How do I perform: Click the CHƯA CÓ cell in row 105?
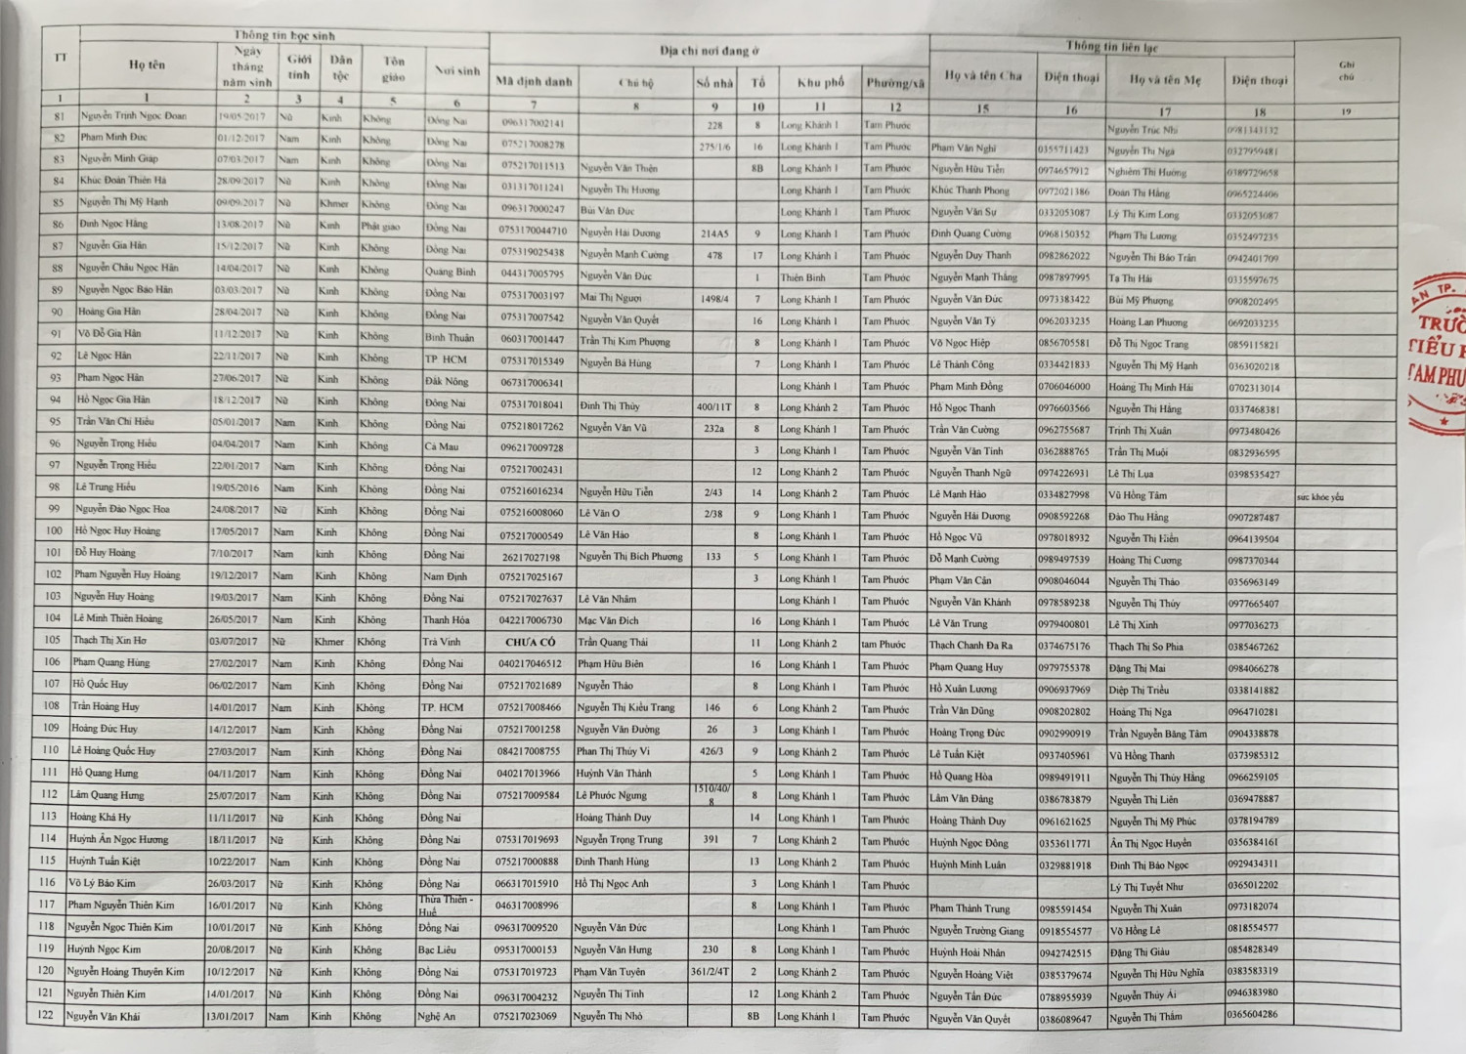click(x=530, y=642)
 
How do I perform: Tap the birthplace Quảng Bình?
click(x=451, y=272)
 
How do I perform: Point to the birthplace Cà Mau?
click(x=442, y=446)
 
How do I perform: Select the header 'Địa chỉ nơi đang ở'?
click(x=709, y=51)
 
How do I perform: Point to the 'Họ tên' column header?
click(x=148, y=64)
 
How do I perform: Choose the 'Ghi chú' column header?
click(x=1346, y=70)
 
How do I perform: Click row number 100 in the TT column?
click(x=55, y=530)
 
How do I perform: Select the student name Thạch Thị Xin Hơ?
click(x=109, y=641)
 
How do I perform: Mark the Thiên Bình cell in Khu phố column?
click(x=802, y=277)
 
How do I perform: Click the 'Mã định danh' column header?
click(x=534, y=81)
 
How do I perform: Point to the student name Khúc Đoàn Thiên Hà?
click(x=123, y=180)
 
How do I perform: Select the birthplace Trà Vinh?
click(x=441, y=642)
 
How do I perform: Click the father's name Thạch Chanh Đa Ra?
click(x=970, y=645)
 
